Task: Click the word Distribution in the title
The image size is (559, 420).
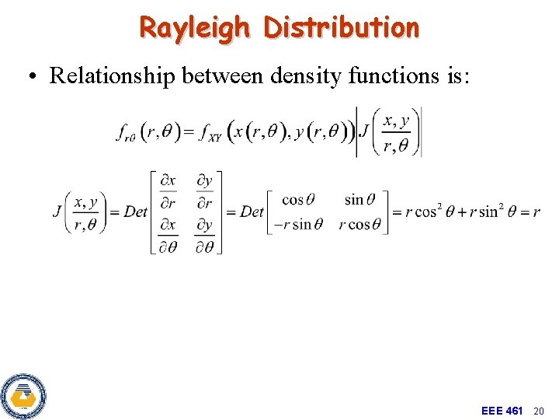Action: click(x=342, y=28)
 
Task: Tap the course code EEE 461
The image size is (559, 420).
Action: click(x=502, y=410)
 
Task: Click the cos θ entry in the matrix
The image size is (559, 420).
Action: click(x=298, y=201)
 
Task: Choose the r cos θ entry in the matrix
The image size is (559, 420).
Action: click(x=359, y=225)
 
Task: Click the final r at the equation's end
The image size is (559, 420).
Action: click(x=536, y=213)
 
